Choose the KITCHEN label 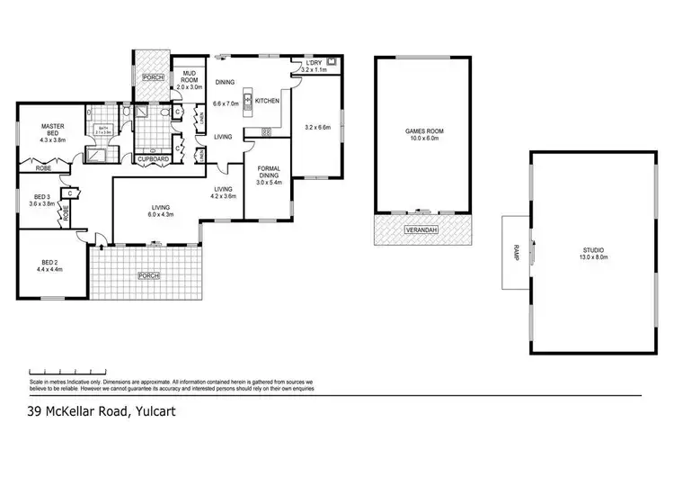coord(267,101)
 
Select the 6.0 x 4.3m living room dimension coord(162,215)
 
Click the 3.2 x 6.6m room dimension coord(318,127)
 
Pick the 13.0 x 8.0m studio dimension coord(592,257)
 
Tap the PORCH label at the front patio coord(148,275)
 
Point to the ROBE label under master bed coord(43,167)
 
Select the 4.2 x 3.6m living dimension coord(223,195)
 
